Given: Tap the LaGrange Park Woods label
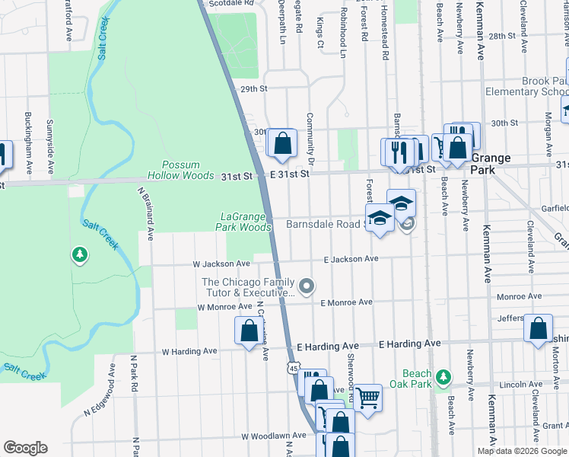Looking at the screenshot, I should (246, 222).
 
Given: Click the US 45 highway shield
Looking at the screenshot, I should (294, 369).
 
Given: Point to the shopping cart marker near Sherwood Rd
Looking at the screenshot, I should (367, 397).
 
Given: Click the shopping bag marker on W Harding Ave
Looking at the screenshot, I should (248, 331).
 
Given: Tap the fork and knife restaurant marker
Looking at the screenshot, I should (396, 152).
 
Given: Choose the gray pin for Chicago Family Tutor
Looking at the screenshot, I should (307, 286).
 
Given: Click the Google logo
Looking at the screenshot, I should (25, 448).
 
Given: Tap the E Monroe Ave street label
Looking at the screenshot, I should (346, 302).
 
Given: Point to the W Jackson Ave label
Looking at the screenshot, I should (221, 264).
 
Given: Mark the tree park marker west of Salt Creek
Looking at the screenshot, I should (79, 254).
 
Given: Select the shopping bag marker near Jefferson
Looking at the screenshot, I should (538, 329).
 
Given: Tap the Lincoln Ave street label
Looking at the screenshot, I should (521, 385).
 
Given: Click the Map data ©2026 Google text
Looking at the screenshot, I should (521, 451).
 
